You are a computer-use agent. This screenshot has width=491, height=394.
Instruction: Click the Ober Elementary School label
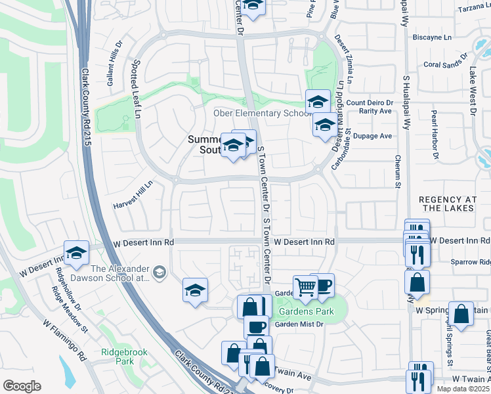click(x=261, y=113)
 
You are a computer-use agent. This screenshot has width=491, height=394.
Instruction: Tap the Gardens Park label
click(x=306, y=311)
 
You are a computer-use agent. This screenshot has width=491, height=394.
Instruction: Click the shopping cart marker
click(x=305, y=287)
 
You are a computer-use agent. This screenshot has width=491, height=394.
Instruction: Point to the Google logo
click(x=22, y=385)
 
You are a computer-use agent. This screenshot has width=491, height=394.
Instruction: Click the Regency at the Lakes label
click(x=446, y=203)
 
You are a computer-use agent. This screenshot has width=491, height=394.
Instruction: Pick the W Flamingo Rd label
click(x=65, y=340)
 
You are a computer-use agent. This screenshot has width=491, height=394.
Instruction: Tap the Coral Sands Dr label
click(x=444, y=64)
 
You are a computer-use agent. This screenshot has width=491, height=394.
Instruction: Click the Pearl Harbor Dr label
click(x=434, y=133)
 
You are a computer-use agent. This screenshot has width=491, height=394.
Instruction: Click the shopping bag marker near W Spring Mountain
click(x=461, y=315)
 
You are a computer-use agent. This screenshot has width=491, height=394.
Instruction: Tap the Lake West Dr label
click(x=472, y=91)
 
